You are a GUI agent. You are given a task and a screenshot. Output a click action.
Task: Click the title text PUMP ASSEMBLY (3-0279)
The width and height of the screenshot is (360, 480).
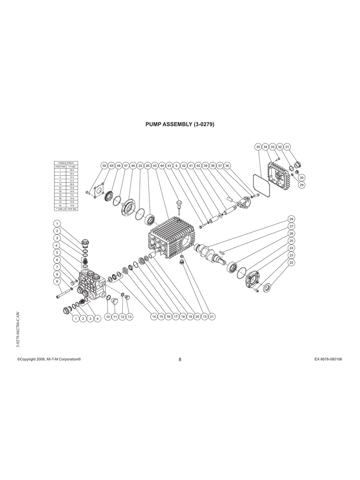pos(180,124)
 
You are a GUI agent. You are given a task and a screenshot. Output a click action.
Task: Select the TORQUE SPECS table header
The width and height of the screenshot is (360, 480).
pos(66,163)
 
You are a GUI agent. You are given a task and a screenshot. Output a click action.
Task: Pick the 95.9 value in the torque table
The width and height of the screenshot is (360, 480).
pos(72,170)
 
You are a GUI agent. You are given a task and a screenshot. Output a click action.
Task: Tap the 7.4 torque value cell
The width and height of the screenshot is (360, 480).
pos(72,195)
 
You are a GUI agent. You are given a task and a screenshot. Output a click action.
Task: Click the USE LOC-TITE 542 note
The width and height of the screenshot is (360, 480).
pos(66,209)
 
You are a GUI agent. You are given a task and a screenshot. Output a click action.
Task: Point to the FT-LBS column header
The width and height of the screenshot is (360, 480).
pos(72,166)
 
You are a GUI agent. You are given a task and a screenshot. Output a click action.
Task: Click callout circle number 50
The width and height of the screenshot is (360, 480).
pos(104,165)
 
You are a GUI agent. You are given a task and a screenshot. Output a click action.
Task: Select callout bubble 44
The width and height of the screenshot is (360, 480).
pos(162,165)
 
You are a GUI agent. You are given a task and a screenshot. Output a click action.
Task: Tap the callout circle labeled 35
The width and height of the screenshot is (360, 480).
pos(258,147)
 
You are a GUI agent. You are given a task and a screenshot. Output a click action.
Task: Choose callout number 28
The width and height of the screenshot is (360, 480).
pos(291,219)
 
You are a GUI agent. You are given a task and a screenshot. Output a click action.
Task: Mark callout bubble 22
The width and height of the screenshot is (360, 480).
pos(291,263)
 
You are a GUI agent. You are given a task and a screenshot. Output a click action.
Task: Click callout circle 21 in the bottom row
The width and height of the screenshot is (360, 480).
pos(212,317)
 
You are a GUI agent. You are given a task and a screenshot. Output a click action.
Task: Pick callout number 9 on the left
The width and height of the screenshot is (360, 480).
pos(57,281)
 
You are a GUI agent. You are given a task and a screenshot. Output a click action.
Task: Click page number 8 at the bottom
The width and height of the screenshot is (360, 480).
pos(180,360)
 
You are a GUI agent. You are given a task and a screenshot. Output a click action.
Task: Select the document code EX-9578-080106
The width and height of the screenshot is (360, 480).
pos(328,359)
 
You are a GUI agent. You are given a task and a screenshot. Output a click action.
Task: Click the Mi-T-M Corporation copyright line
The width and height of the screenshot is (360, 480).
pos(49,359)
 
